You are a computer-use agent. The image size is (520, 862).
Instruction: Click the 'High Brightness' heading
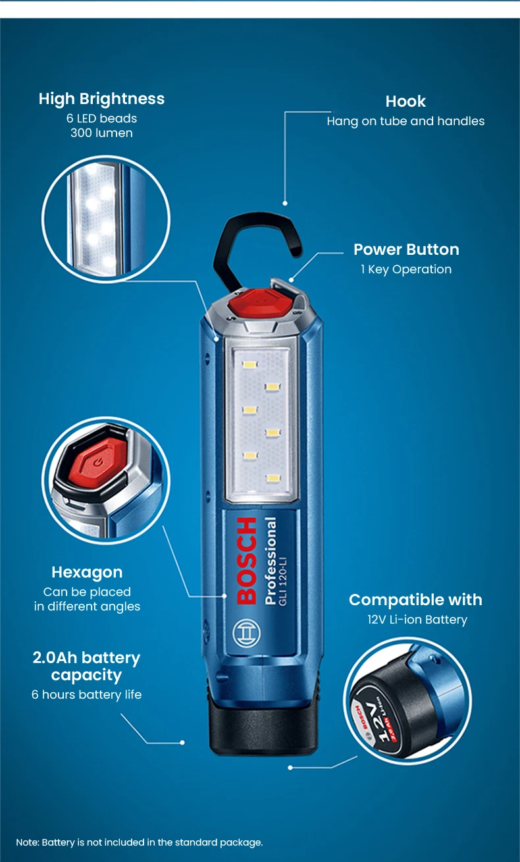[101, 99]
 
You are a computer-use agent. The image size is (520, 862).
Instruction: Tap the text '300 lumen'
[101, 133]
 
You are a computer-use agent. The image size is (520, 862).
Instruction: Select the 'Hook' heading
[405, 101]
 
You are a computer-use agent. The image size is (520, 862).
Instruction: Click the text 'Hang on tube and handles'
[405, 121]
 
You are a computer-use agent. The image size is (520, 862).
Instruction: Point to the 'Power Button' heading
[406, 250]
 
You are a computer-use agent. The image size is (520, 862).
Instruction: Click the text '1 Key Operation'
[406, 269]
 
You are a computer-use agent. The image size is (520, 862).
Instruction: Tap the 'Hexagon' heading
[87, 572]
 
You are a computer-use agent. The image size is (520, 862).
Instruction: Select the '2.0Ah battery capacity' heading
[86, 666]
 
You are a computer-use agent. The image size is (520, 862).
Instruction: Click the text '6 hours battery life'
[86, 695]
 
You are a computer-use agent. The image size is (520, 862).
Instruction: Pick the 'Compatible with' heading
[415, 600]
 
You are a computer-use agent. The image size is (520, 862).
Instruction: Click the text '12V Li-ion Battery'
[417, 620]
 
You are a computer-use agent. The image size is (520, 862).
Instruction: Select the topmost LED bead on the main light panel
[249, 364]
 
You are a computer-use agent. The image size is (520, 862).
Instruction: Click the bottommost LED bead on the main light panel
[273, 478]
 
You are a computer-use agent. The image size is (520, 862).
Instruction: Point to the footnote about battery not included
[140, 842]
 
